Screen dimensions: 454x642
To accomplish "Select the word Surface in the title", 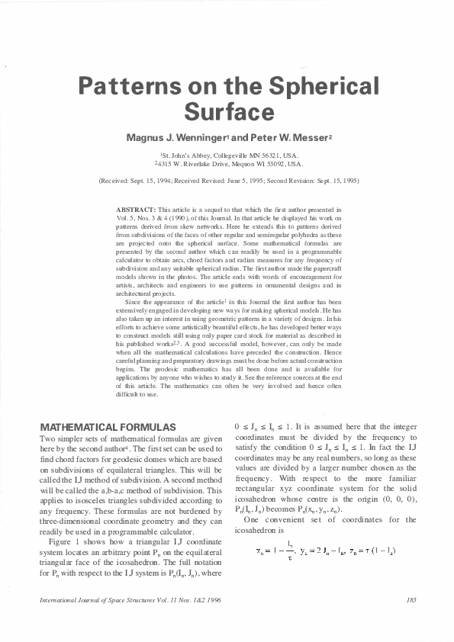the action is pyautogui.click(x=229, y=112).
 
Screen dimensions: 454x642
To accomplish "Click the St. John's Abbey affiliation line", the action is pyautogui.click(x=229, y=155).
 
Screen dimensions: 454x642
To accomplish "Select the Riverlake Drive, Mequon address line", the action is pyautogui.click(x=229, y=164).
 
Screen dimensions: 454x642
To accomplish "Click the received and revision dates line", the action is pyautogui.click(x=229, y=181).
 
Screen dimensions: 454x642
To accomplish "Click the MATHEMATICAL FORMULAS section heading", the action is pyautogui.click(x=108, y=426).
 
